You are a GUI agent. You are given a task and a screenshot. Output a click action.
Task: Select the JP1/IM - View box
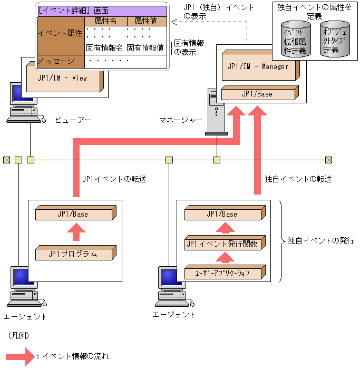(x=62, y=78)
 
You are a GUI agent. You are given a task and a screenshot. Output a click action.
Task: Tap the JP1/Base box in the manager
(x=257, y=94)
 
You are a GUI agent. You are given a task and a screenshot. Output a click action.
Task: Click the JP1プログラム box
(x=73, y=254)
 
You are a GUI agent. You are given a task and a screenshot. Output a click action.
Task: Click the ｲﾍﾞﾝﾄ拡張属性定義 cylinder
(x=294, y=40)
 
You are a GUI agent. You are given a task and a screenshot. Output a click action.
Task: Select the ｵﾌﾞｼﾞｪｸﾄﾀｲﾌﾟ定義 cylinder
(x=334, y=40)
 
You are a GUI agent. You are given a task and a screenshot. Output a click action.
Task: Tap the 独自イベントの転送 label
(x=298, y=179)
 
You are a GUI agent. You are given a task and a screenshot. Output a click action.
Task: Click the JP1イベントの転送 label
(x=114, y=179)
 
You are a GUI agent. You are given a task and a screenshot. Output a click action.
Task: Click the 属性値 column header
(x=147, y=21)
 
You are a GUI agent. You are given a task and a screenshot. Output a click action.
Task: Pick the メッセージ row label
(x=56, y=61)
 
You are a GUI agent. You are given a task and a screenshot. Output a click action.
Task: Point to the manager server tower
(x=215, y=113)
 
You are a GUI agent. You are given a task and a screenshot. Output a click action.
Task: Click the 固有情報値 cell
(x=145, y=48)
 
